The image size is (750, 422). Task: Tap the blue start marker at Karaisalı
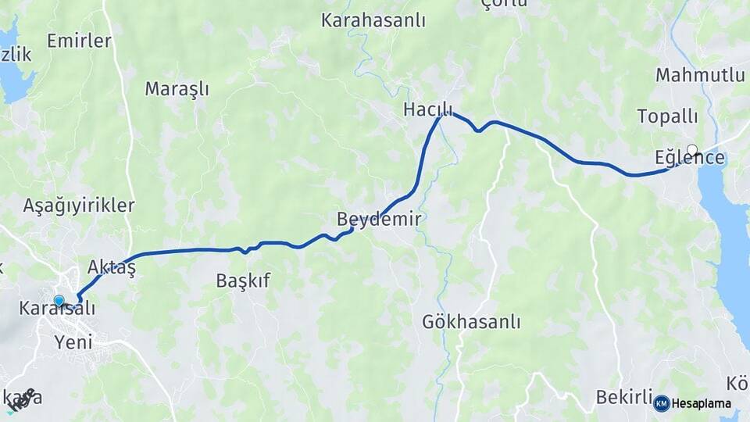tap(59, 301)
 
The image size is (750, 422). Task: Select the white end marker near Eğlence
tap(691, 149)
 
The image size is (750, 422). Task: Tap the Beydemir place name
tap(378, 220)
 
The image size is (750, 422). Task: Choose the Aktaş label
tap(112, 267)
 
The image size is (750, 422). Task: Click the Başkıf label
tap(243, 281)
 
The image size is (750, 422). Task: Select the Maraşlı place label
tap(177, 89)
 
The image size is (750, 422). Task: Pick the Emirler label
tap(79, 41)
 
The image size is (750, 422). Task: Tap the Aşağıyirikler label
tap(79, 206)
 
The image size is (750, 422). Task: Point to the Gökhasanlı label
tap(471, 321)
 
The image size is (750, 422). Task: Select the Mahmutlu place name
tap(700, 75)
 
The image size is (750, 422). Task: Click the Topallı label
tap(667, 116)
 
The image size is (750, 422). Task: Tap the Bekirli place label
tap(623, 397)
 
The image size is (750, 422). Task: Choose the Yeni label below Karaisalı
tap(73, 341)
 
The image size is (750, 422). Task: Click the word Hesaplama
tap(702, 403)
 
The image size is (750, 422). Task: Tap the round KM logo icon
tap(662, 403)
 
